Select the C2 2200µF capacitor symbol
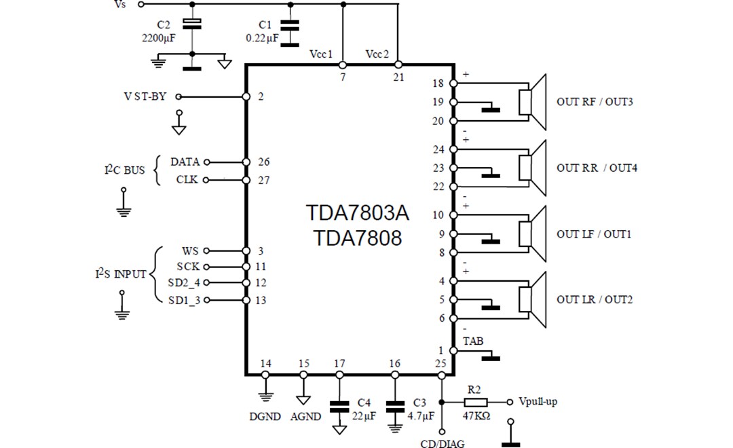pos(193,24)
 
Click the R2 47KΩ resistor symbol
pos(475,400)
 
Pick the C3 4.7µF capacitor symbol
pos(394,407)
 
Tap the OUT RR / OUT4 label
pos(597,168)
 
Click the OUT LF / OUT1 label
pos(595,234)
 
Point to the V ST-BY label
pos(145,96)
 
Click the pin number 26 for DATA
pos(264,162)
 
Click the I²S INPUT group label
pos(120,274)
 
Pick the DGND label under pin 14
pos(265,417)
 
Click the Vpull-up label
pos(538,401)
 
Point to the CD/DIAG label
pos(443,444)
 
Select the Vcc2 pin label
pos(377,54)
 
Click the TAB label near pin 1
pos(473,341)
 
